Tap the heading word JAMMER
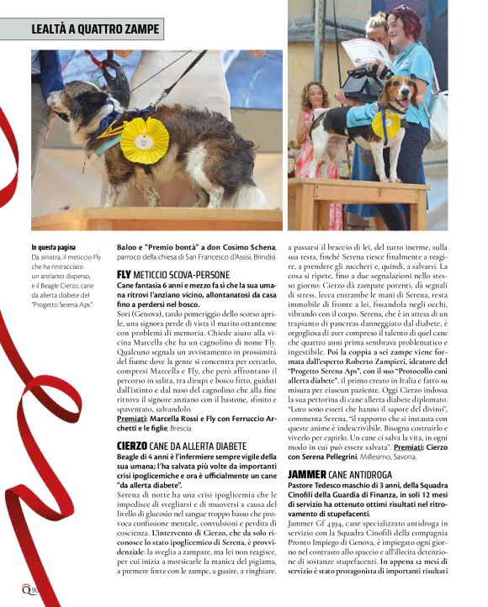click(306, 474)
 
